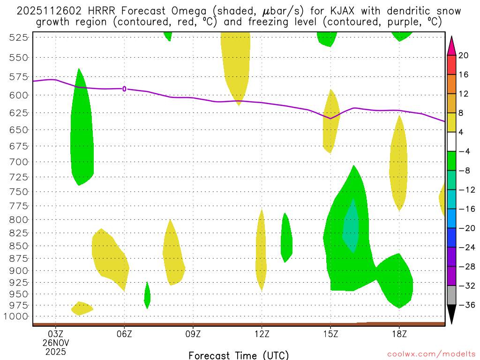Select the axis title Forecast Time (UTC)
tap(239, 355)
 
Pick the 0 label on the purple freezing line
tap(124, 89)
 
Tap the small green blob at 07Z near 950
tap(147, 296)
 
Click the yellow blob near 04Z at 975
tap(82, 308)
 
